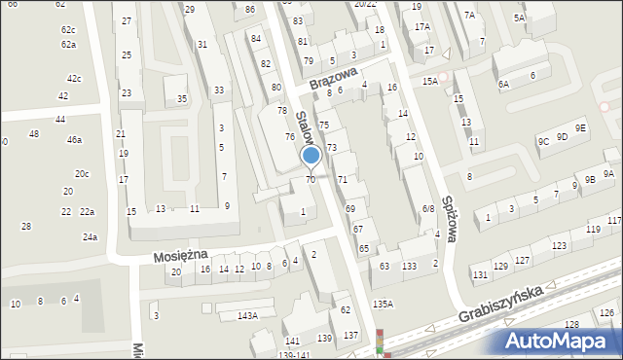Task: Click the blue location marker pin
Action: pyautogui.click(x=311, y=157)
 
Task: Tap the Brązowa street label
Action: pyautogui.click(x=335, y=78)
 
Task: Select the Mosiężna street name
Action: pyautogui.click(x=180, y=255)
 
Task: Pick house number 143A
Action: pyautogui.click(x=247, y=316)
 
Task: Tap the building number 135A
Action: pyautogui.click(x=383, y=305)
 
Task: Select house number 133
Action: pyautogui.click(x=410, y=267)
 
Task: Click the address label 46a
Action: pyautogui.click(x=74, y=140)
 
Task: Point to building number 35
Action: pyautogui.click(x=182, y=99)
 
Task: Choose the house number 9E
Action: pyautogui.click(x=580, y=128)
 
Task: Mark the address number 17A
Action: pyautogui.click(x=421, y=27)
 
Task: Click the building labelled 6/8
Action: pyautogui.click(x=427, y=209)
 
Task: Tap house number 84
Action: pyautogui.click(x=256, y=39)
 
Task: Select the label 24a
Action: pyautogui.click(x=90, y=237)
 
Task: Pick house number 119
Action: pyautogui.click(x=593, y=230)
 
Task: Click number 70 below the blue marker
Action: pyautogui.click(x=311, y=179)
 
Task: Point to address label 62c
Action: pyautogui.click(x=67, y=30)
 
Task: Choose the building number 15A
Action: pyautogui.click(x=430, y=82)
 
